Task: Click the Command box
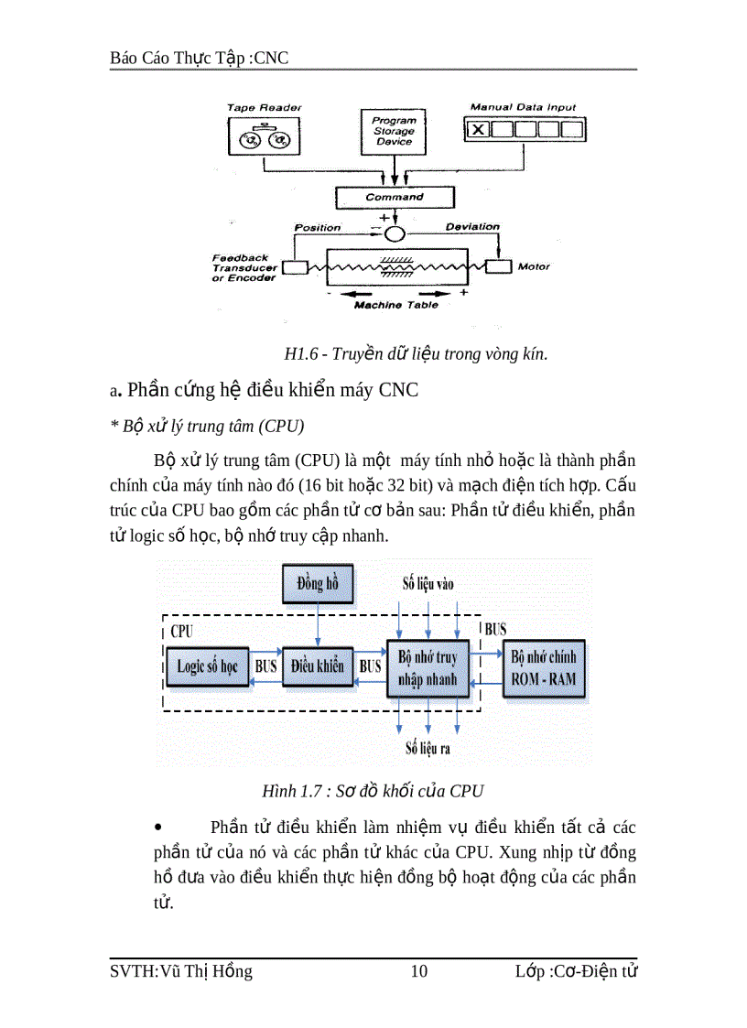pos(395,197)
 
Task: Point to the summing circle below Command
pos(395,233)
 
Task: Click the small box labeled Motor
pos(498,266)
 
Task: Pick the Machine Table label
pos(395,305)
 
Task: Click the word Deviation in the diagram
pos(472,226)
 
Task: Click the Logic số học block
pos(207,666)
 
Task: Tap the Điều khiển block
pos(318,666)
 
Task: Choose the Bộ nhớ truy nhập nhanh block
pos(428,669)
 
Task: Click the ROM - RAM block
pos(544,669)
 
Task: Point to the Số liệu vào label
pos(428,583)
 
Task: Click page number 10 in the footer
pos(418,971)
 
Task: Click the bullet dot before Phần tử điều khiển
pos(159,828)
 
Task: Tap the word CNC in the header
pos(268,58)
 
